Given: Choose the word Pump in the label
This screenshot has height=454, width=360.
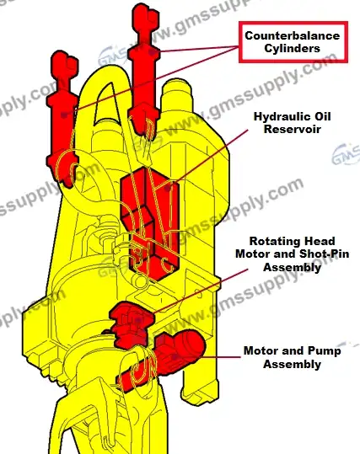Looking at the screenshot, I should coord(325,351).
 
